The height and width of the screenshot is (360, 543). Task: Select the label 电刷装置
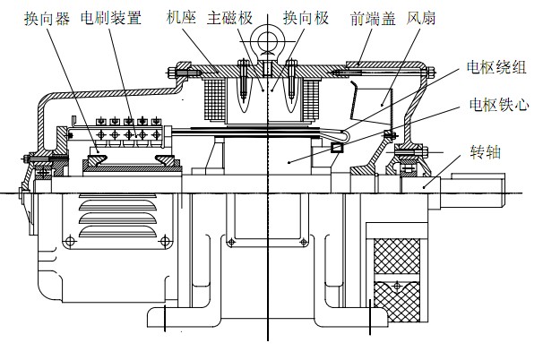(107, 17)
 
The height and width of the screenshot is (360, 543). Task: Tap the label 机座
(183, 17)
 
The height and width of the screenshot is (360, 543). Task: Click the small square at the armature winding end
(337, 146)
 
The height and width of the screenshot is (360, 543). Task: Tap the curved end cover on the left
(39, 125)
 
